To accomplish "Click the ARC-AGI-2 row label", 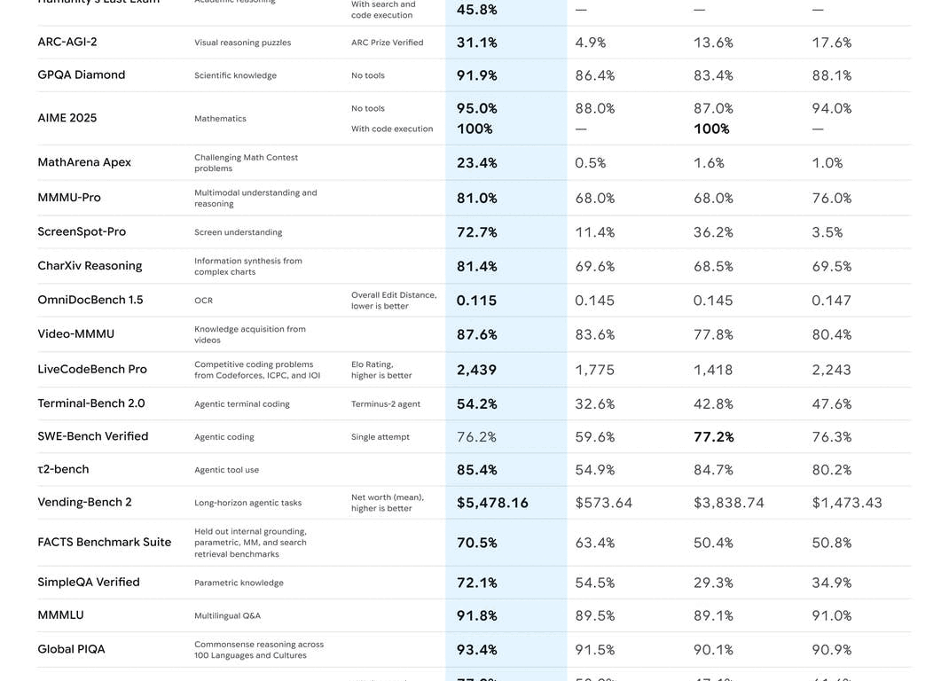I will (67, 42).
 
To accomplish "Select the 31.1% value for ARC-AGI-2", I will (476, 43).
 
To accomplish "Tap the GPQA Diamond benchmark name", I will (81, 74).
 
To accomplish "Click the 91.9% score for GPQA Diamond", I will (476, 75).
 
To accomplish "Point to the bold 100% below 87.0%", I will (711, 129).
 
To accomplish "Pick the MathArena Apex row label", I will (84, 162).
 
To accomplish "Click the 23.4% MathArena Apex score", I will (476, 163).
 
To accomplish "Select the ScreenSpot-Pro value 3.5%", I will (827, 232).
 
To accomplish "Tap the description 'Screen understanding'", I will (238, 232).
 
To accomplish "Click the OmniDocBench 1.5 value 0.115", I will (476, 301).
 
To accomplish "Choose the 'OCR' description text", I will (203, 301).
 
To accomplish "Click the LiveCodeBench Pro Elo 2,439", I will (476, 370).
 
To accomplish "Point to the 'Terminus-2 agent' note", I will (385, 403).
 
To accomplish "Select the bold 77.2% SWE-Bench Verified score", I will (713, 437).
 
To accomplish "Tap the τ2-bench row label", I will (63, 469).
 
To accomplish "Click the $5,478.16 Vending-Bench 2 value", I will (492, 503).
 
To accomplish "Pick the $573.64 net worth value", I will (603, 503).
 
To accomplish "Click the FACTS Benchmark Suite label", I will (104, 542).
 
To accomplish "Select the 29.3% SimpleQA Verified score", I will (713, 583).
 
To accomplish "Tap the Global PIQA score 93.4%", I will (476, 650).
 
